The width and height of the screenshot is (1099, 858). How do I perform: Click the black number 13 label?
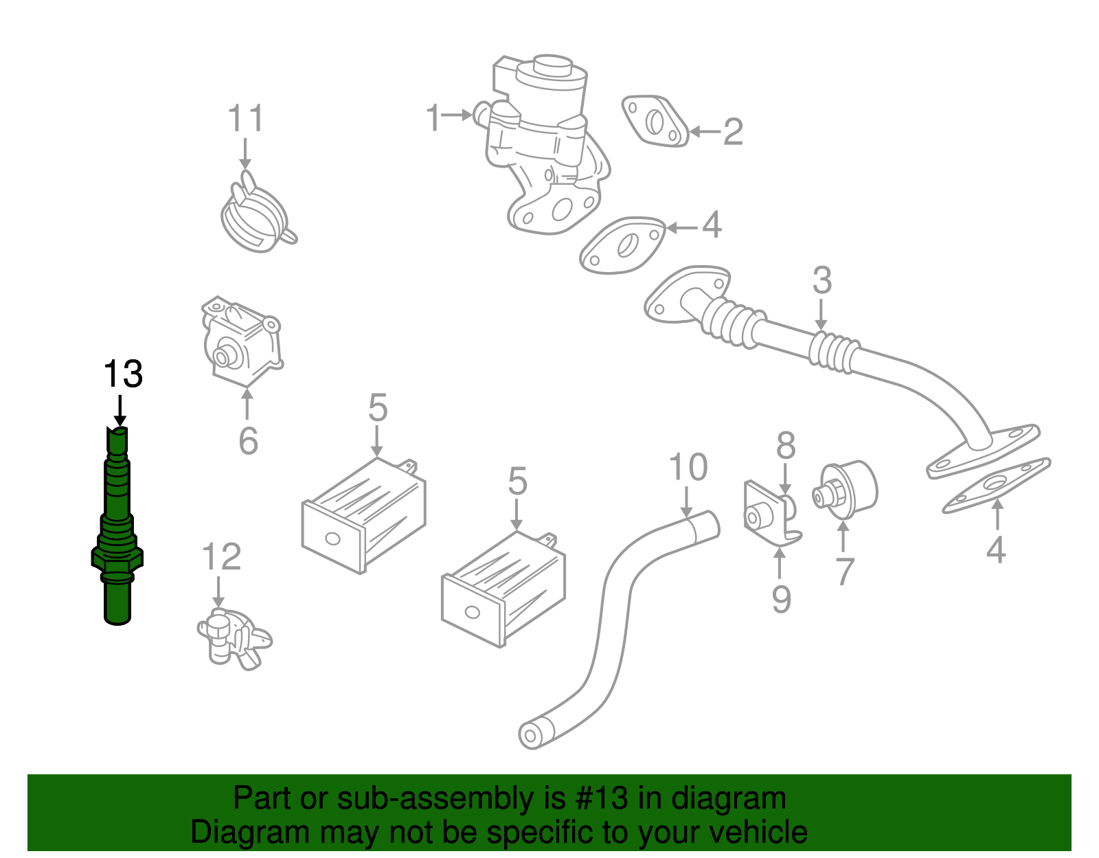tap(123, 374)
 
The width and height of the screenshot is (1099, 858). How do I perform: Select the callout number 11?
tap(246, 119)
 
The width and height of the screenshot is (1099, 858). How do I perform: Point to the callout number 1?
tap(433, 117)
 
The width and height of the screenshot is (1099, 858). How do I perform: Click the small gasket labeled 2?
tap(655, 122)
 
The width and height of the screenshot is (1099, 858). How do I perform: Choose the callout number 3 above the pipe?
tap(822, 280)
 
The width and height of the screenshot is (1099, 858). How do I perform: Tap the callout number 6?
tap(248, 440)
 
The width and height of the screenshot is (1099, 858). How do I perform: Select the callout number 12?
tap(222, 556)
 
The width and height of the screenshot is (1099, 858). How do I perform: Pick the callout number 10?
tap(688, 467)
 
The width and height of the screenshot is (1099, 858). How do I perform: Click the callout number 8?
tap(786, 446)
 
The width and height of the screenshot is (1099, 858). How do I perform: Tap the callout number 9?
tap(781, 599)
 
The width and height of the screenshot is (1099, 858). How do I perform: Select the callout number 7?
tap(844, 571)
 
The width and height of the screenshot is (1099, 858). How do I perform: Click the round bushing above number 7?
tap(848, 489)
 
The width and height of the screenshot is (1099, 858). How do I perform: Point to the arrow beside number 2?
tap(705, 131)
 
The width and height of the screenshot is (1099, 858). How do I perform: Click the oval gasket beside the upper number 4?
tap(622, 246)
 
